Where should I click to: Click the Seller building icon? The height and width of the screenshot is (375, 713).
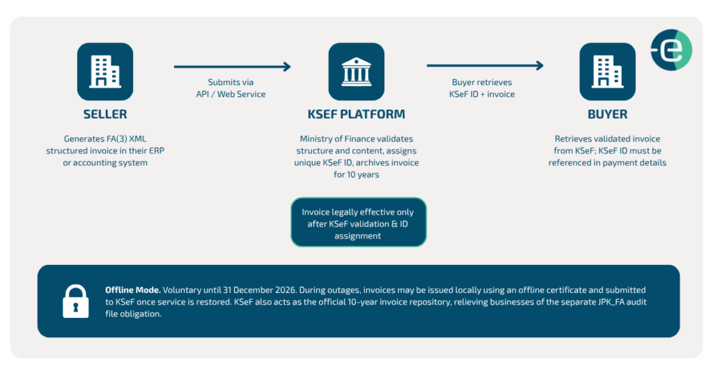click(x=105, y=72)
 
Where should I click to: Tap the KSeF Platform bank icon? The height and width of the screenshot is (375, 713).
click(x=356, y=72)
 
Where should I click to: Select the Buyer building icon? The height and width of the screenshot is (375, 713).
click(x=607, y=72)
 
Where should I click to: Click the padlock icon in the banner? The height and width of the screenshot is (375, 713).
click(x=75, y=301)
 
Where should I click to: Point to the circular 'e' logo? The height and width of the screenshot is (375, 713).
click(x=671, y=50)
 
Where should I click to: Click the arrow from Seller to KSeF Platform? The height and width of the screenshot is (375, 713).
click(x=233, y=67)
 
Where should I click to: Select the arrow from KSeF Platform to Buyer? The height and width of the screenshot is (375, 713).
click(x=485, y=66)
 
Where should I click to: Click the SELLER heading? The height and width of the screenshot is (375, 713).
click(x=105, y=114)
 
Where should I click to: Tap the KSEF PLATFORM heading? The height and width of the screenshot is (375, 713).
click(x=356, y=114)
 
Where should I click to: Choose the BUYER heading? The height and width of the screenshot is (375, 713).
click(x=607, y=114)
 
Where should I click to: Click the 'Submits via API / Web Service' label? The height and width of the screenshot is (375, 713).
click(x=231, y=89)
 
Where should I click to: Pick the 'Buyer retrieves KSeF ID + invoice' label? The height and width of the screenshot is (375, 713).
click(x=482, y=89)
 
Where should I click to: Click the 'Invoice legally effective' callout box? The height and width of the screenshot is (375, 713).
click(x=359, y=222)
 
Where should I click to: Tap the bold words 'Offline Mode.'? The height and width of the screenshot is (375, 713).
click(x=133, y=290)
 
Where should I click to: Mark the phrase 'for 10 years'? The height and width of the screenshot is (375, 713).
click(x=356, y=175)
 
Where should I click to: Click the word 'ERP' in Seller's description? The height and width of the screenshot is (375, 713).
click(x=157, y=151)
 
